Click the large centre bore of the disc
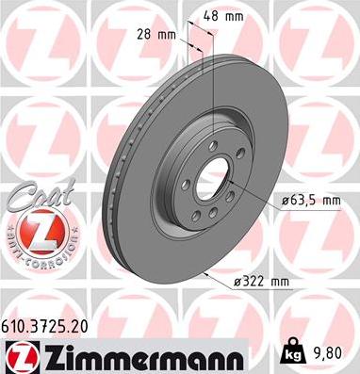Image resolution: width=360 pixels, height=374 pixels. (x=218, y=179)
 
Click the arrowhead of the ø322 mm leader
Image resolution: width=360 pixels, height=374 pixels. (x=205, y=274)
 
